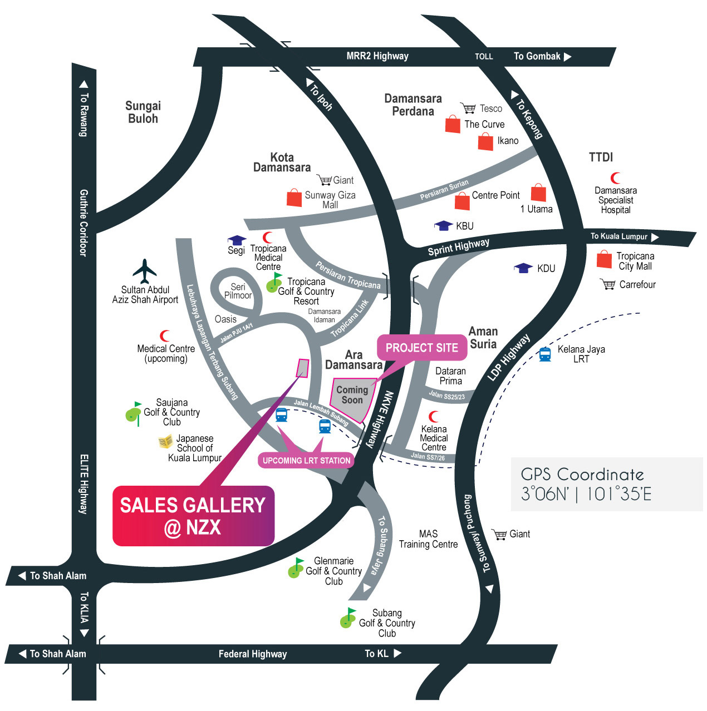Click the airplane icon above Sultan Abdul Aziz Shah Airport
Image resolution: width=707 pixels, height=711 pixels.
point(144,271)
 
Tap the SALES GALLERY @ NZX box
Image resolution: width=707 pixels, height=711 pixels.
point(193,516)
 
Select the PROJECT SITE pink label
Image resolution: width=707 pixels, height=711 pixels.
point(422,348)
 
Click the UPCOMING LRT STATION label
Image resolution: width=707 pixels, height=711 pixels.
point(306,461)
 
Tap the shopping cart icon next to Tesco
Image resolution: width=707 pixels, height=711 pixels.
point(468,108)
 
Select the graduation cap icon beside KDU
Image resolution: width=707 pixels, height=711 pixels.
point(523,268)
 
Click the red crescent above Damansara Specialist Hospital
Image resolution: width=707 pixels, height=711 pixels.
point(615,178)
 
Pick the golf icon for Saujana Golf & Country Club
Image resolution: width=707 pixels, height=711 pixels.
point(134,413)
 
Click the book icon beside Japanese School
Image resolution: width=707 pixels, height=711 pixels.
point(165,441)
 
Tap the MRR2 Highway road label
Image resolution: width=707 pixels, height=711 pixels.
point(377,56)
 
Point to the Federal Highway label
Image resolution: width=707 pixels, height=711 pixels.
point(253,654)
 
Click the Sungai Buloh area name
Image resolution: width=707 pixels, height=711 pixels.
point(143,112)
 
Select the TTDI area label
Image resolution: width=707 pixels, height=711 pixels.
point(601,157)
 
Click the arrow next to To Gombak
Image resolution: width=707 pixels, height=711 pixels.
point(568,56)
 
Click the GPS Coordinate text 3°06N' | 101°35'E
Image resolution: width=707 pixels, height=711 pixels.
point(586,493)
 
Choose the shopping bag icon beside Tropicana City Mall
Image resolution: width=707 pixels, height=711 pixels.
point(605,259)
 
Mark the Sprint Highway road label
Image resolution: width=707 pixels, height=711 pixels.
point(458,247)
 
